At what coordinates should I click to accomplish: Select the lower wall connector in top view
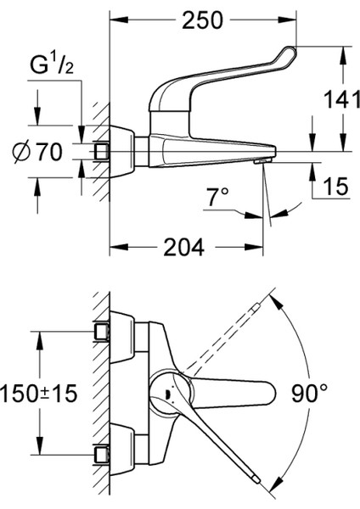point(103,455)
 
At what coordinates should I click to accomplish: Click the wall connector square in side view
point(103,153)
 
